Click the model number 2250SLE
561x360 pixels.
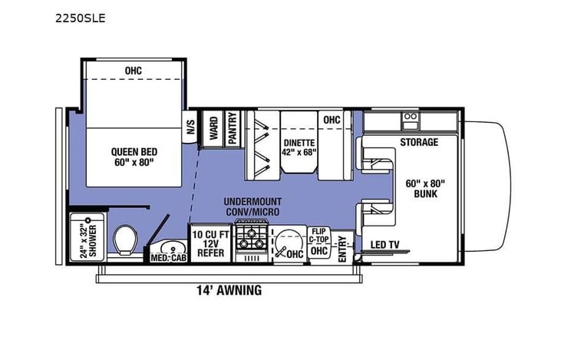(x=81, y=18)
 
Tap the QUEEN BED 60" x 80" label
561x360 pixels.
(x=134, y=157)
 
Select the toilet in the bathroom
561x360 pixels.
(x=124, y=241)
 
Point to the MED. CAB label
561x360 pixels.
(x=168, y=257)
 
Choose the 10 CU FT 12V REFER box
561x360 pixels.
(x=210, y=243)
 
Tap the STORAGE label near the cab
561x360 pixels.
(x=419, y=142)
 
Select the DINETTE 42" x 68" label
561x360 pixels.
(x=299, y=146)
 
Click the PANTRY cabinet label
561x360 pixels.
(x=232, y=128)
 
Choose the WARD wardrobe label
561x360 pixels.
(x=213, y=128)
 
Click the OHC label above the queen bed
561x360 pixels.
(x=134, y=71)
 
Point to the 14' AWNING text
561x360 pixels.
(x=228, y=290)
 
